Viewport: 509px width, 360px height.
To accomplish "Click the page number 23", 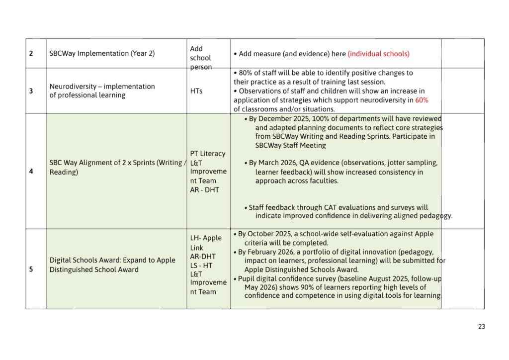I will [x=481, y=327].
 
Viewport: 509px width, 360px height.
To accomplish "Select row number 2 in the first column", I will [x=31, y=54].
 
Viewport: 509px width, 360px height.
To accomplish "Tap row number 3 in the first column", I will [x=31, y=90].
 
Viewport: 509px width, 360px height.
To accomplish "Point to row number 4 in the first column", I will [x=31, y=172].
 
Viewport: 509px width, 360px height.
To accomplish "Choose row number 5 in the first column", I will [x=31, y=270].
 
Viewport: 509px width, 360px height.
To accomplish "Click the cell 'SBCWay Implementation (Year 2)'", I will [x=102, y=54].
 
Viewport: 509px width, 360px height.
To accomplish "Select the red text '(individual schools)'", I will [x=378, y=54].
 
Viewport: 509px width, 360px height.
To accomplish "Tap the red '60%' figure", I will [x=422, y=100].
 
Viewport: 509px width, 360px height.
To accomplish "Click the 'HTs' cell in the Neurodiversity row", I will [x=196, y=91].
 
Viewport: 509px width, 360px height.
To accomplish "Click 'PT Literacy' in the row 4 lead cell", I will [x=207, y=154].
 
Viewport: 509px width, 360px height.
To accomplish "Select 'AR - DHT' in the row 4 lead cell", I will [x=204, y=189].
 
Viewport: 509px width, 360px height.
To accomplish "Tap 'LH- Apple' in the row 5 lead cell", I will [x=206, y=238].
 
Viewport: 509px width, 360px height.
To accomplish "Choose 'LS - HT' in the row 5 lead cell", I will [x=201, y=266].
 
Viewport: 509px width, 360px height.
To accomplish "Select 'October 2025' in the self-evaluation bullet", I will [x=269, y=234].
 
